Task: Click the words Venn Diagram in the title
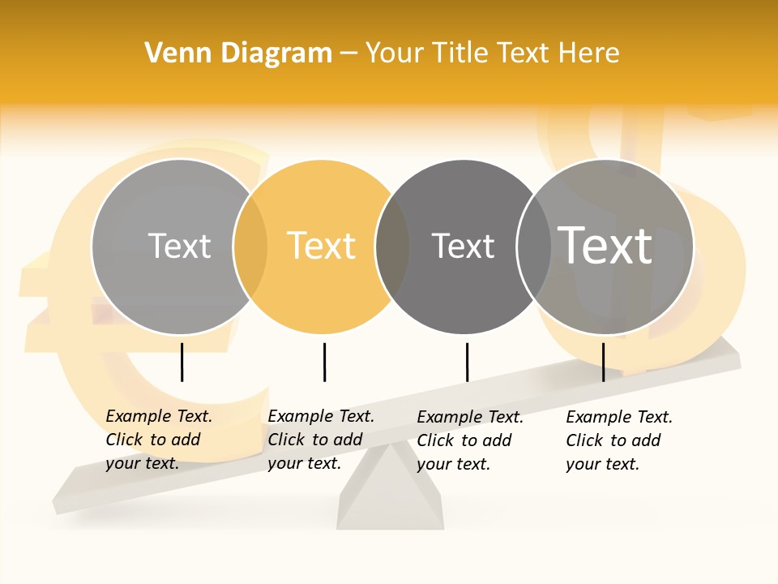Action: pos(238,54)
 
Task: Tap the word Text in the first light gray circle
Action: pos(179,246)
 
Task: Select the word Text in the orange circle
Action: pos(322,246)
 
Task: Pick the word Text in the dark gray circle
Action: pos(463,246)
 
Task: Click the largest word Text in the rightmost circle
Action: pos(605,245)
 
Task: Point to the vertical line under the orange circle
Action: pos(324,362)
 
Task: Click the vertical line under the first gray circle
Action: pos(182,362)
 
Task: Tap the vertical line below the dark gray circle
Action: pos(467,362)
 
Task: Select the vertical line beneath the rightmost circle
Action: pos(603,362)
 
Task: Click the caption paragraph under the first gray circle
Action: pos(159,440)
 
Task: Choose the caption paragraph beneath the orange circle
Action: pos(321,440)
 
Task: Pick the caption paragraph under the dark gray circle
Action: pos(470,440)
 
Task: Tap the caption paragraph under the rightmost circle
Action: pos(619,440)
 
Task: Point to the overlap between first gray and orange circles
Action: pos(250,246)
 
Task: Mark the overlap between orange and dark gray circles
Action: pos(393,246)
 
